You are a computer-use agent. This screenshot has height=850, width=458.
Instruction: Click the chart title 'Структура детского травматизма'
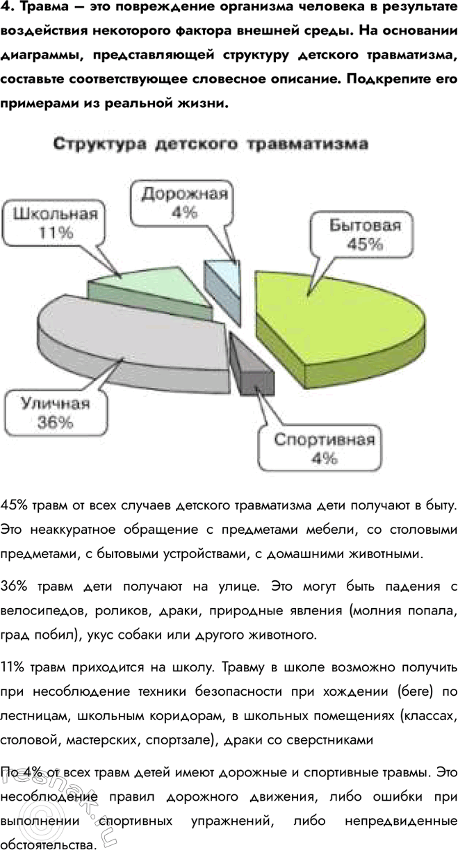pyautogui.click(x=211, y=145)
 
